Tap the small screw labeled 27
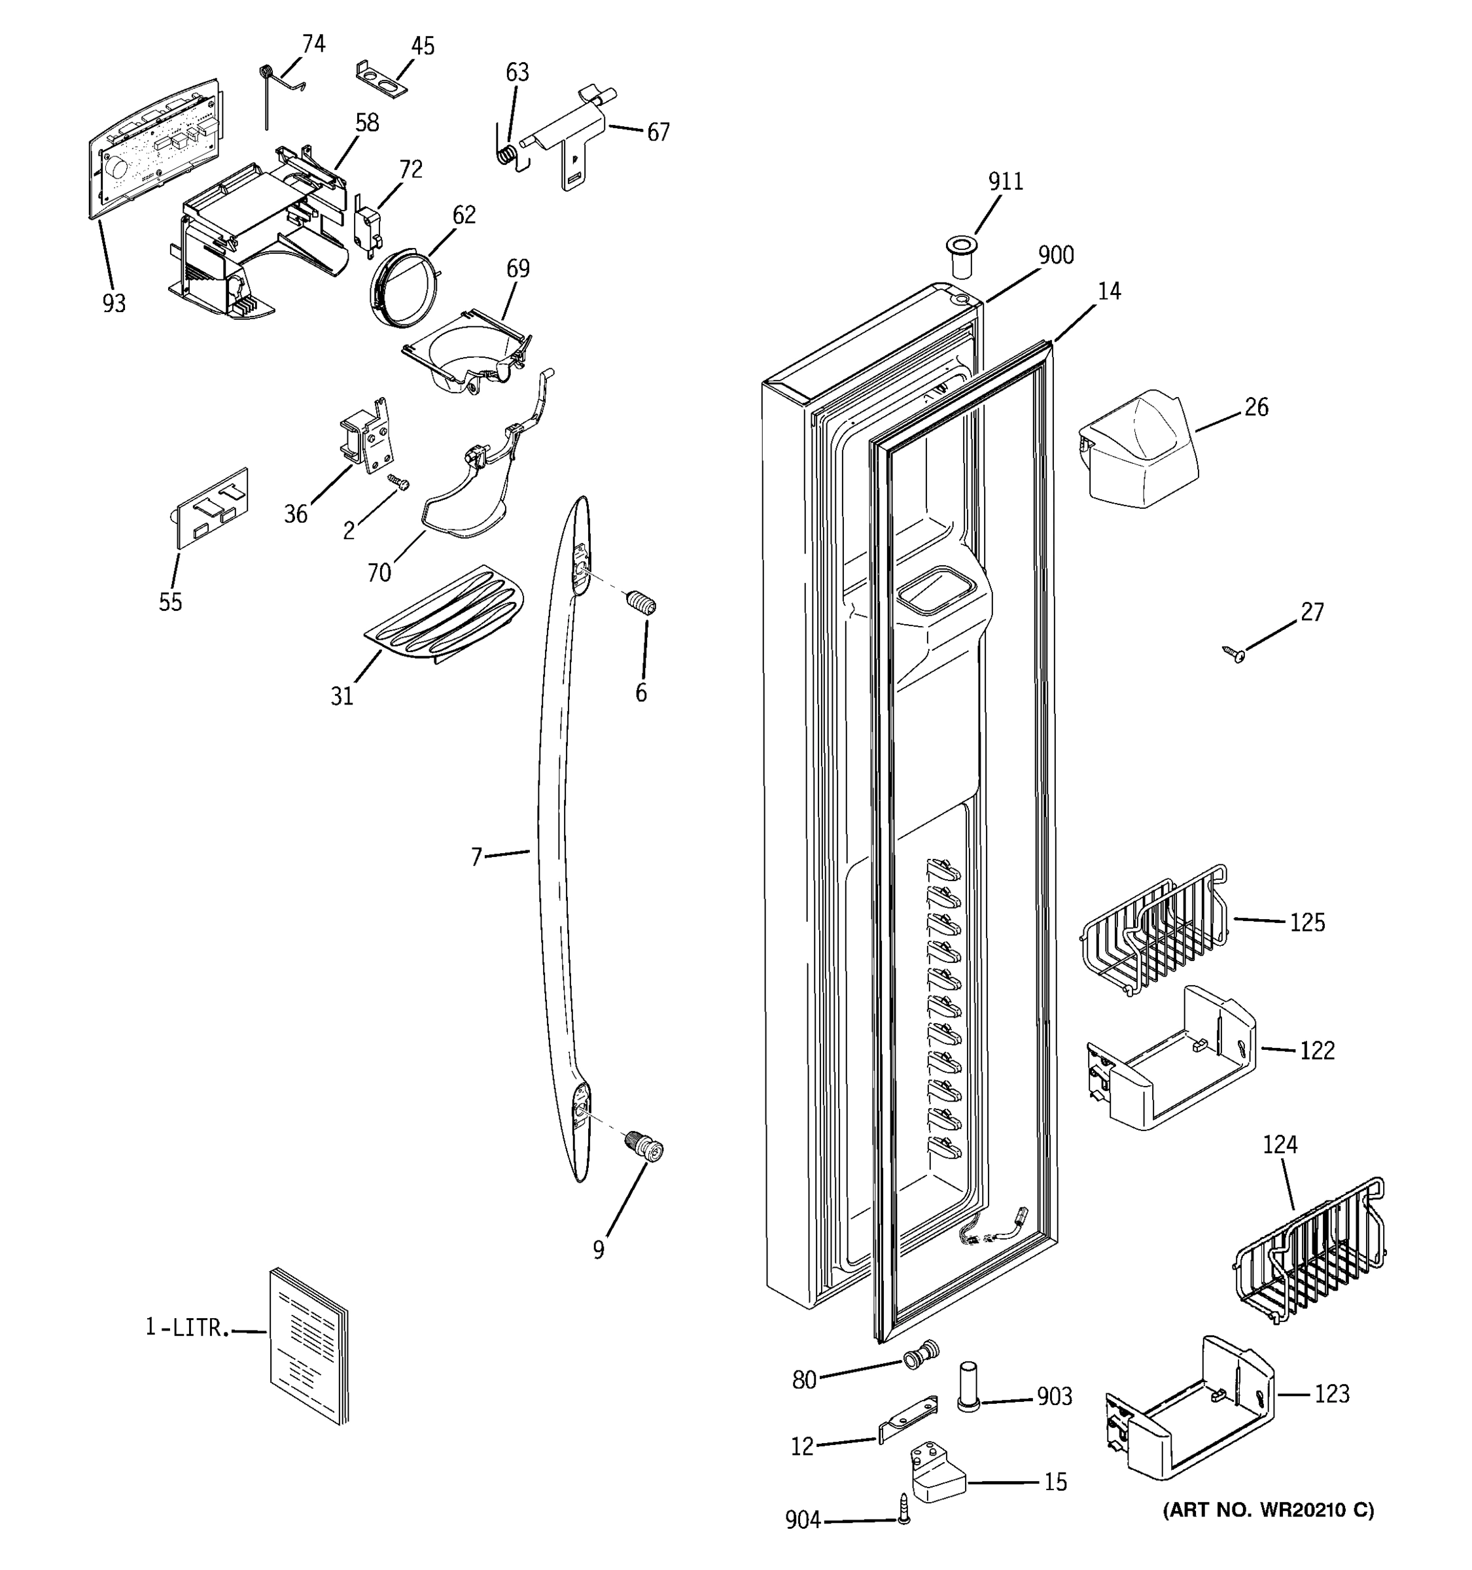tap(1233, 653)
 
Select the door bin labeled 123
tap(1189, 1409)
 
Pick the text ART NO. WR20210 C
tap(1267, 1510)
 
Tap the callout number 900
tap(1055, 256)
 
